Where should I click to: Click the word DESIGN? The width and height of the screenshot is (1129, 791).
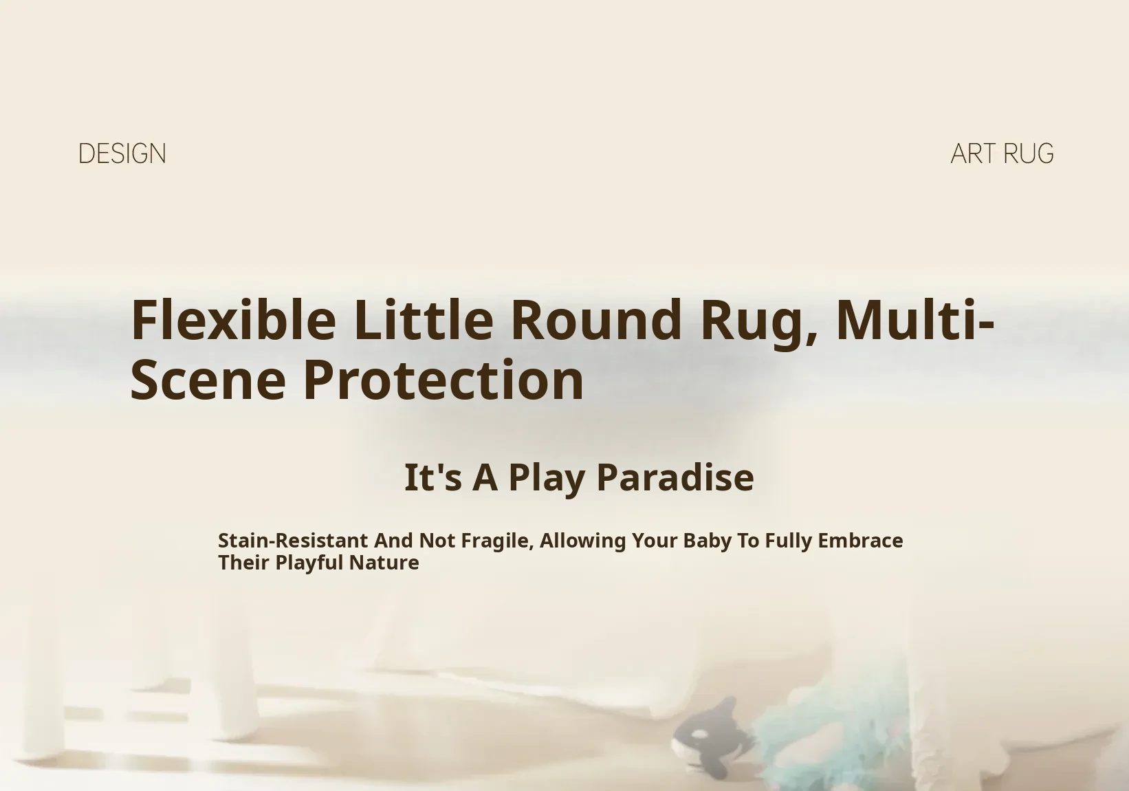tap(122, 154)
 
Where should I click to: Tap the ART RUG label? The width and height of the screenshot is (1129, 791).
tap(1002, 154)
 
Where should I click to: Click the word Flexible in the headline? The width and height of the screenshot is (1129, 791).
tap(233, 320)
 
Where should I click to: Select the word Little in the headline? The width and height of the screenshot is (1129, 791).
tap(424, 320)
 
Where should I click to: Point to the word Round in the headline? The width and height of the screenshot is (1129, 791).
tap(596, 320)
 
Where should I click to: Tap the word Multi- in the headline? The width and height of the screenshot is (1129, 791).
tap(915, 320)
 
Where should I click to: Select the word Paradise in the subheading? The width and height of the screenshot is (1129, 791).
tap(675, 477)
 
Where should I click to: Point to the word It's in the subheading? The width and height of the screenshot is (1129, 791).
tap(433, 477)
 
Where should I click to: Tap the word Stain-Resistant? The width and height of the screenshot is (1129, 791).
tap(293, 541)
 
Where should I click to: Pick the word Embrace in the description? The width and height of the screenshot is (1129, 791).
tap(860, 541)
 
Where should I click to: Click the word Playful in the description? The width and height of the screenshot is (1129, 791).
tap(309, 563)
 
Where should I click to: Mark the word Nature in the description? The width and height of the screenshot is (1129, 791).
tap(384, 563)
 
